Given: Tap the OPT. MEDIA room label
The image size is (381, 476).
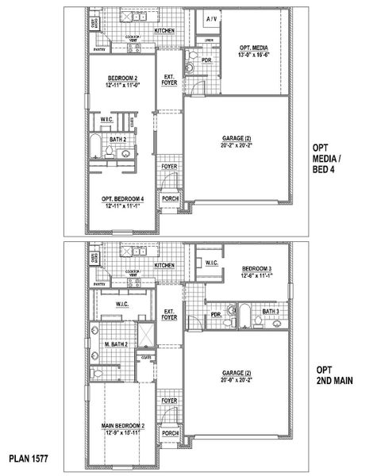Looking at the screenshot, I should coord(255,48).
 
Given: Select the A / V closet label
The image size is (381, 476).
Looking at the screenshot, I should coord(212,17).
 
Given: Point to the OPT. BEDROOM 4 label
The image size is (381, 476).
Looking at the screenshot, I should coord(123,198).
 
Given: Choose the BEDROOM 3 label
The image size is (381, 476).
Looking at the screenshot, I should coord(257,268).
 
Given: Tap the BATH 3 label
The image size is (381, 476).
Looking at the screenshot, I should coord(271,312).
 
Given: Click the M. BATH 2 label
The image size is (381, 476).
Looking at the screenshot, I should coord(117,345).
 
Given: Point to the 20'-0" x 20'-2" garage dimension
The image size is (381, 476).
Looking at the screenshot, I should coord(237,380).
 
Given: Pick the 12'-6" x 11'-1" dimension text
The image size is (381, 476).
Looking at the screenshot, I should coord(257,276).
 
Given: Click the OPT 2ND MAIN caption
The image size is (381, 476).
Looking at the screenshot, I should coord(334,375).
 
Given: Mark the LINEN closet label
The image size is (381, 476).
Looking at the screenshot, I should coord(209,40).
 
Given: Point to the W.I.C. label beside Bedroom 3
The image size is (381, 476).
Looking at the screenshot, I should coord(212,263).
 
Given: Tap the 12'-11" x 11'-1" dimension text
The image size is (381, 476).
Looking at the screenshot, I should coord(123,205).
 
